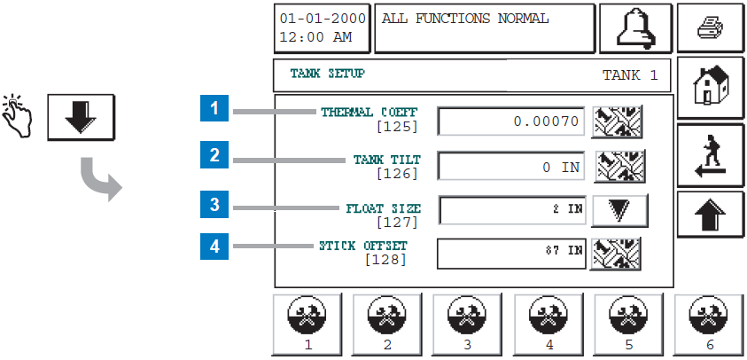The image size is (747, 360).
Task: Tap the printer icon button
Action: tap(711, 29)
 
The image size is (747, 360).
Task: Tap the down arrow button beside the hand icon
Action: tap(80, 116)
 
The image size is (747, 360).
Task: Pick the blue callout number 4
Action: tap(214, 246)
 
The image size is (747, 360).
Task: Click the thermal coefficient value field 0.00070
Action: tap(512, 121)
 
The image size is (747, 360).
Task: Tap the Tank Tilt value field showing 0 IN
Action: tap(512, 166)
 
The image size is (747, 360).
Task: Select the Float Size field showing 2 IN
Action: tap(512, 210)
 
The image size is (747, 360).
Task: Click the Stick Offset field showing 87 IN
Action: tap(512, 252)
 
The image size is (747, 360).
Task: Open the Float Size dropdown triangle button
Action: tap(620, 210)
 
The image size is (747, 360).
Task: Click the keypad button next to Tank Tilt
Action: tap(620, 166)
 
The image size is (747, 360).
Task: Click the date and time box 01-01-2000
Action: tap(321, 28)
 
